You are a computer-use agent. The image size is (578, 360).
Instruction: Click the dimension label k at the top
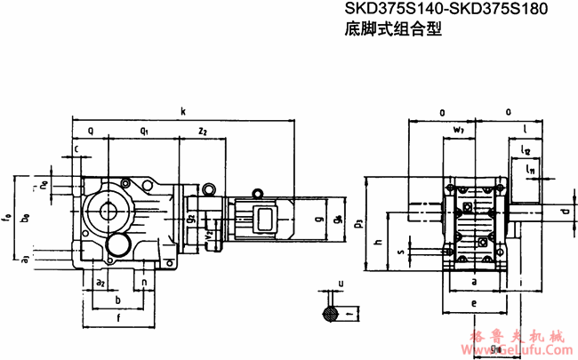pyautogui.click(x=182, y=111)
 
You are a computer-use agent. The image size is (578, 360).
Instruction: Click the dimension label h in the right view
pyautogui.click(x=379, y=243)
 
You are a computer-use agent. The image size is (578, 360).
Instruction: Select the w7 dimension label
pyautogui.click(x=458, y=131)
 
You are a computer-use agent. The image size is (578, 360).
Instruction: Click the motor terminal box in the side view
pyautogui.click(x=264, y=219)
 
